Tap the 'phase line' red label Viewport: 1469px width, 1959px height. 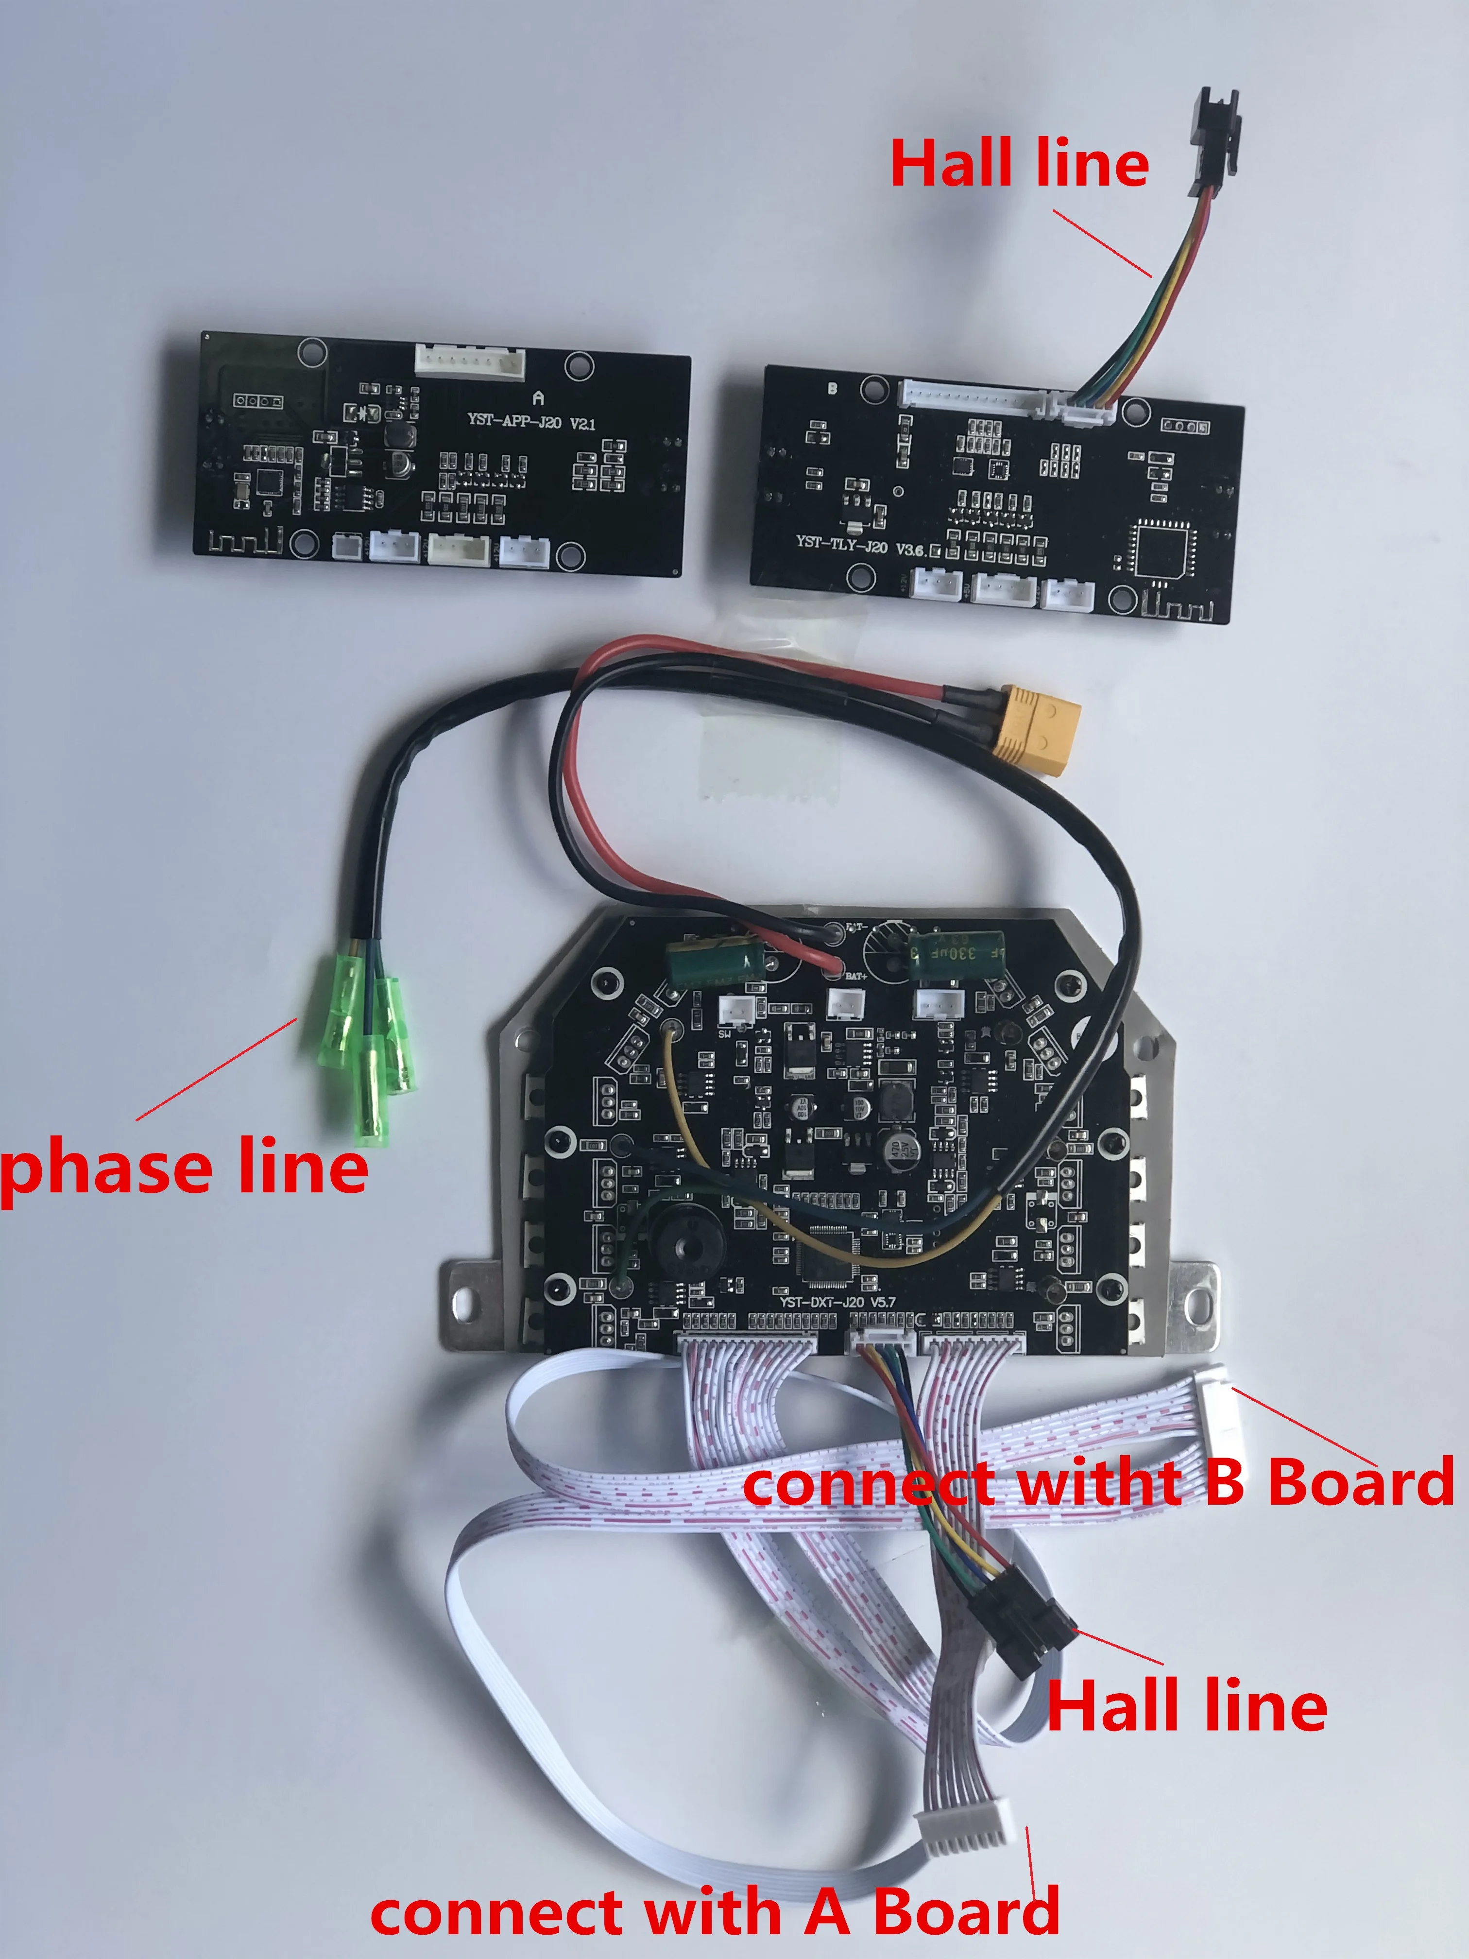183,1167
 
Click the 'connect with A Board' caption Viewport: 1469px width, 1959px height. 715,1910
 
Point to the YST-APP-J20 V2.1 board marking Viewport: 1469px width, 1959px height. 531,422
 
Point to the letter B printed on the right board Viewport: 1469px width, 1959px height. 832,388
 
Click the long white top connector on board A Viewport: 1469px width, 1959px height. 469,361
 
